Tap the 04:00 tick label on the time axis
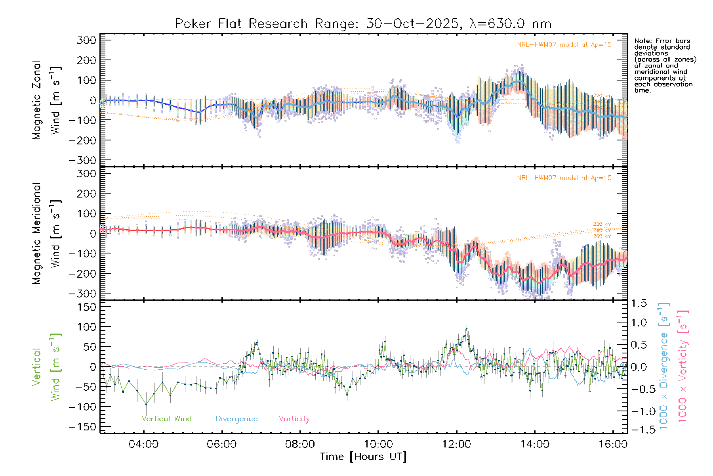click(143, 444)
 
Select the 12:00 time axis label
click(456, 444)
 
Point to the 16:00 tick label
click(613, 444)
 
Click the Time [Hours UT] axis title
click(363, 457)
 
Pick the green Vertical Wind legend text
click(166, 419)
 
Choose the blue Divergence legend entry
click(236, 419)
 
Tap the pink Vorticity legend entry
click(294, 419)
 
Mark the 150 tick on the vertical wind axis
click(87, 307)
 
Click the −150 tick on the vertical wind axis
click(83, 427)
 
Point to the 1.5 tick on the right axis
click(639, 303)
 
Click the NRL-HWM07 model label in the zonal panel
click(564, 45)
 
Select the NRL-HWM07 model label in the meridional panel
click(564, 178)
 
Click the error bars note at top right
click(665, 65)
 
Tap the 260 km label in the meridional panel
click(602, 236)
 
